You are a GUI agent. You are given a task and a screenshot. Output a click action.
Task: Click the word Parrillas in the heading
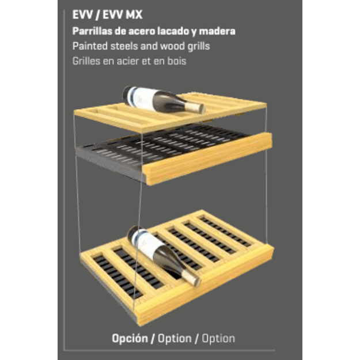(93, 31)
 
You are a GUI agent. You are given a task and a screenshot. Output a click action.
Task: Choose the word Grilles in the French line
(86, 61)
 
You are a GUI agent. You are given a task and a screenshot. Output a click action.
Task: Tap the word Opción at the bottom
(130, 339)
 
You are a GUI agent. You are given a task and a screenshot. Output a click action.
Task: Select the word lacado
(170, 31)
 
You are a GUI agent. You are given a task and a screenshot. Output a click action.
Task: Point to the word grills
(199, 47)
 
